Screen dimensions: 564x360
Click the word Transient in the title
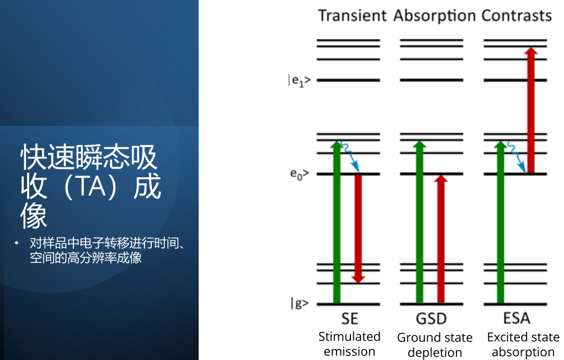[353, 16]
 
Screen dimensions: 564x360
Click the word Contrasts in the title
[516, 16]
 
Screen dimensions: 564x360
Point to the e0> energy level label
[300, 174]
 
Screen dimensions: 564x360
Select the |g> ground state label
[300, 304]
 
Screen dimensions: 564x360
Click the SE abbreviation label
[350, 319]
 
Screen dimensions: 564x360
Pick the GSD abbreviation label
[431, 319]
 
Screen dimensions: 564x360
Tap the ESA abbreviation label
[517, 318]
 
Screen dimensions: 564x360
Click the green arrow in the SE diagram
[337, 222]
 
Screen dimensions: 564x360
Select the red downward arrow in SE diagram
[358, 229]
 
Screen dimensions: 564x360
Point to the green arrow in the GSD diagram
[419, 222]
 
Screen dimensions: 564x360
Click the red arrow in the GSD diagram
[441, 239]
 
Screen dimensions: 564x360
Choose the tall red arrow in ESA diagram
[530, 110]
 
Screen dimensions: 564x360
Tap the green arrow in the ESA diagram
[501, 222]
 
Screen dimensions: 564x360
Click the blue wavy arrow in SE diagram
[350, 156]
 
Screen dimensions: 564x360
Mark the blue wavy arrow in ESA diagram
[517, 158]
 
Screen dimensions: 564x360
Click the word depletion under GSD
[435, 352]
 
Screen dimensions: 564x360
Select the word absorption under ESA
[523, 352]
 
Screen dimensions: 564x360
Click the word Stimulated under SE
[349, 337]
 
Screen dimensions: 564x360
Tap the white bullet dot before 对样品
[16, 243]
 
